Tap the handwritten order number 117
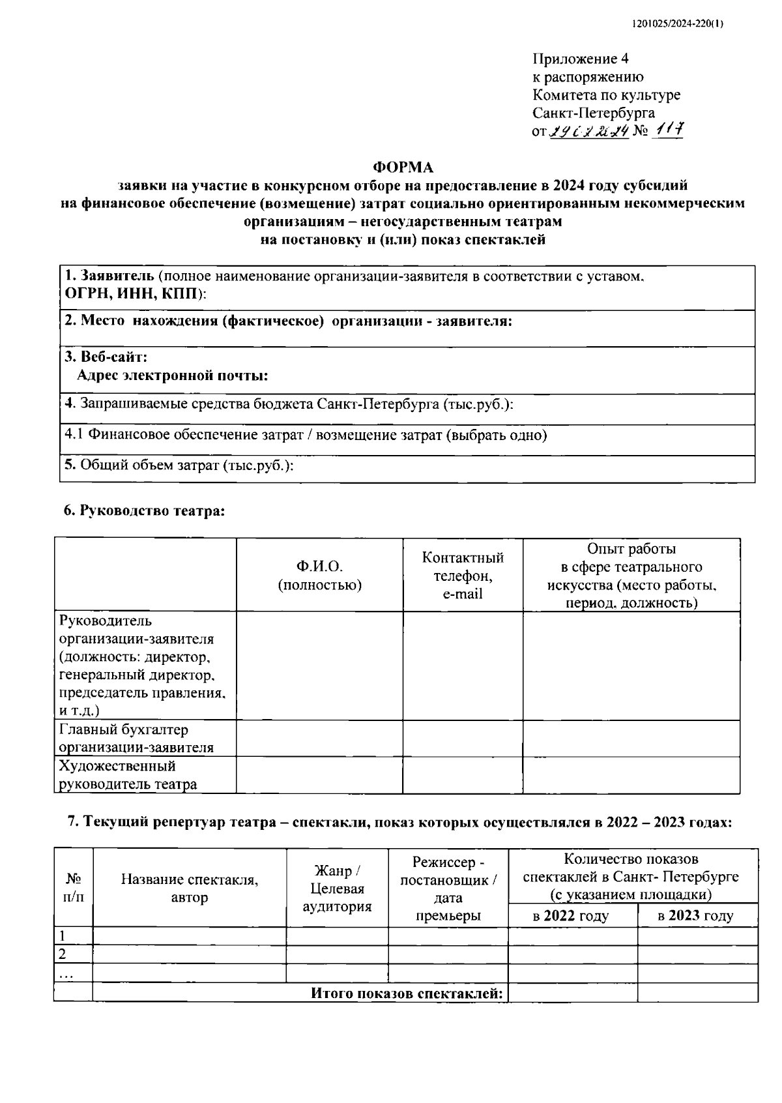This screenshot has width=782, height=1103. click(x=667, y=131)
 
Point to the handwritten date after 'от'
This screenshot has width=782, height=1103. click(x=588, y=132)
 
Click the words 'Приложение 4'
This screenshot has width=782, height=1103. click(x=581, y=59)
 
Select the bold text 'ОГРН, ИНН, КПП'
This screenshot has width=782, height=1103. click(x=132, y=294)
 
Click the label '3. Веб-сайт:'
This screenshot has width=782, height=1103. click(x=106, y=357)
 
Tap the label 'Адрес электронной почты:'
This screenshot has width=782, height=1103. click(x=173, y=375)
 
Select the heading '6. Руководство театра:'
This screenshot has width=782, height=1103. click(x=144, y=511)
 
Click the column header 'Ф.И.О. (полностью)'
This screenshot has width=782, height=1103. click(x=319, y=575)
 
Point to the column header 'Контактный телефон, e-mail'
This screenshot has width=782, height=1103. click(x=463, y=576)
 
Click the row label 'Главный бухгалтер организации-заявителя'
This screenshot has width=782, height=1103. click(x=136, y=739)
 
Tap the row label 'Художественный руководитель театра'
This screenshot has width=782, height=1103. click(x=128, y=775)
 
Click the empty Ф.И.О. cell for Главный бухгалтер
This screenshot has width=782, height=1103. click(x=319, y=739)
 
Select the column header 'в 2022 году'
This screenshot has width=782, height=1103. click(x=572, y=916)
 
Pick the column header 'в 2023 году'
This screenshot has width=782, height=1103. click(x=697, y=916)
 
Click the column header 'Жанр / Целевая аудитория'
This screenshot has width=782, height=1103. click(x=338, y=889)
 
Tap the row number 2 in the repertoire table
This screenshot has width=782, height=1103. click(x=63, y=954)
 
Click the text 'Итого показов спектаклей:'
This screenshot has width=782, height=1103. click(x=407, y=993)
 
